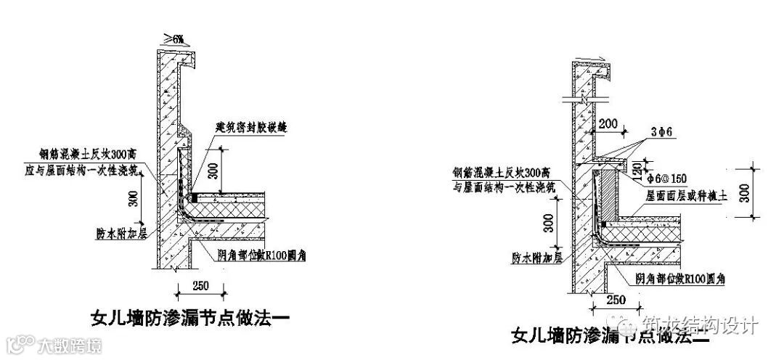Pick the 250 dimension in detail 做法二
(616, 299)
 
